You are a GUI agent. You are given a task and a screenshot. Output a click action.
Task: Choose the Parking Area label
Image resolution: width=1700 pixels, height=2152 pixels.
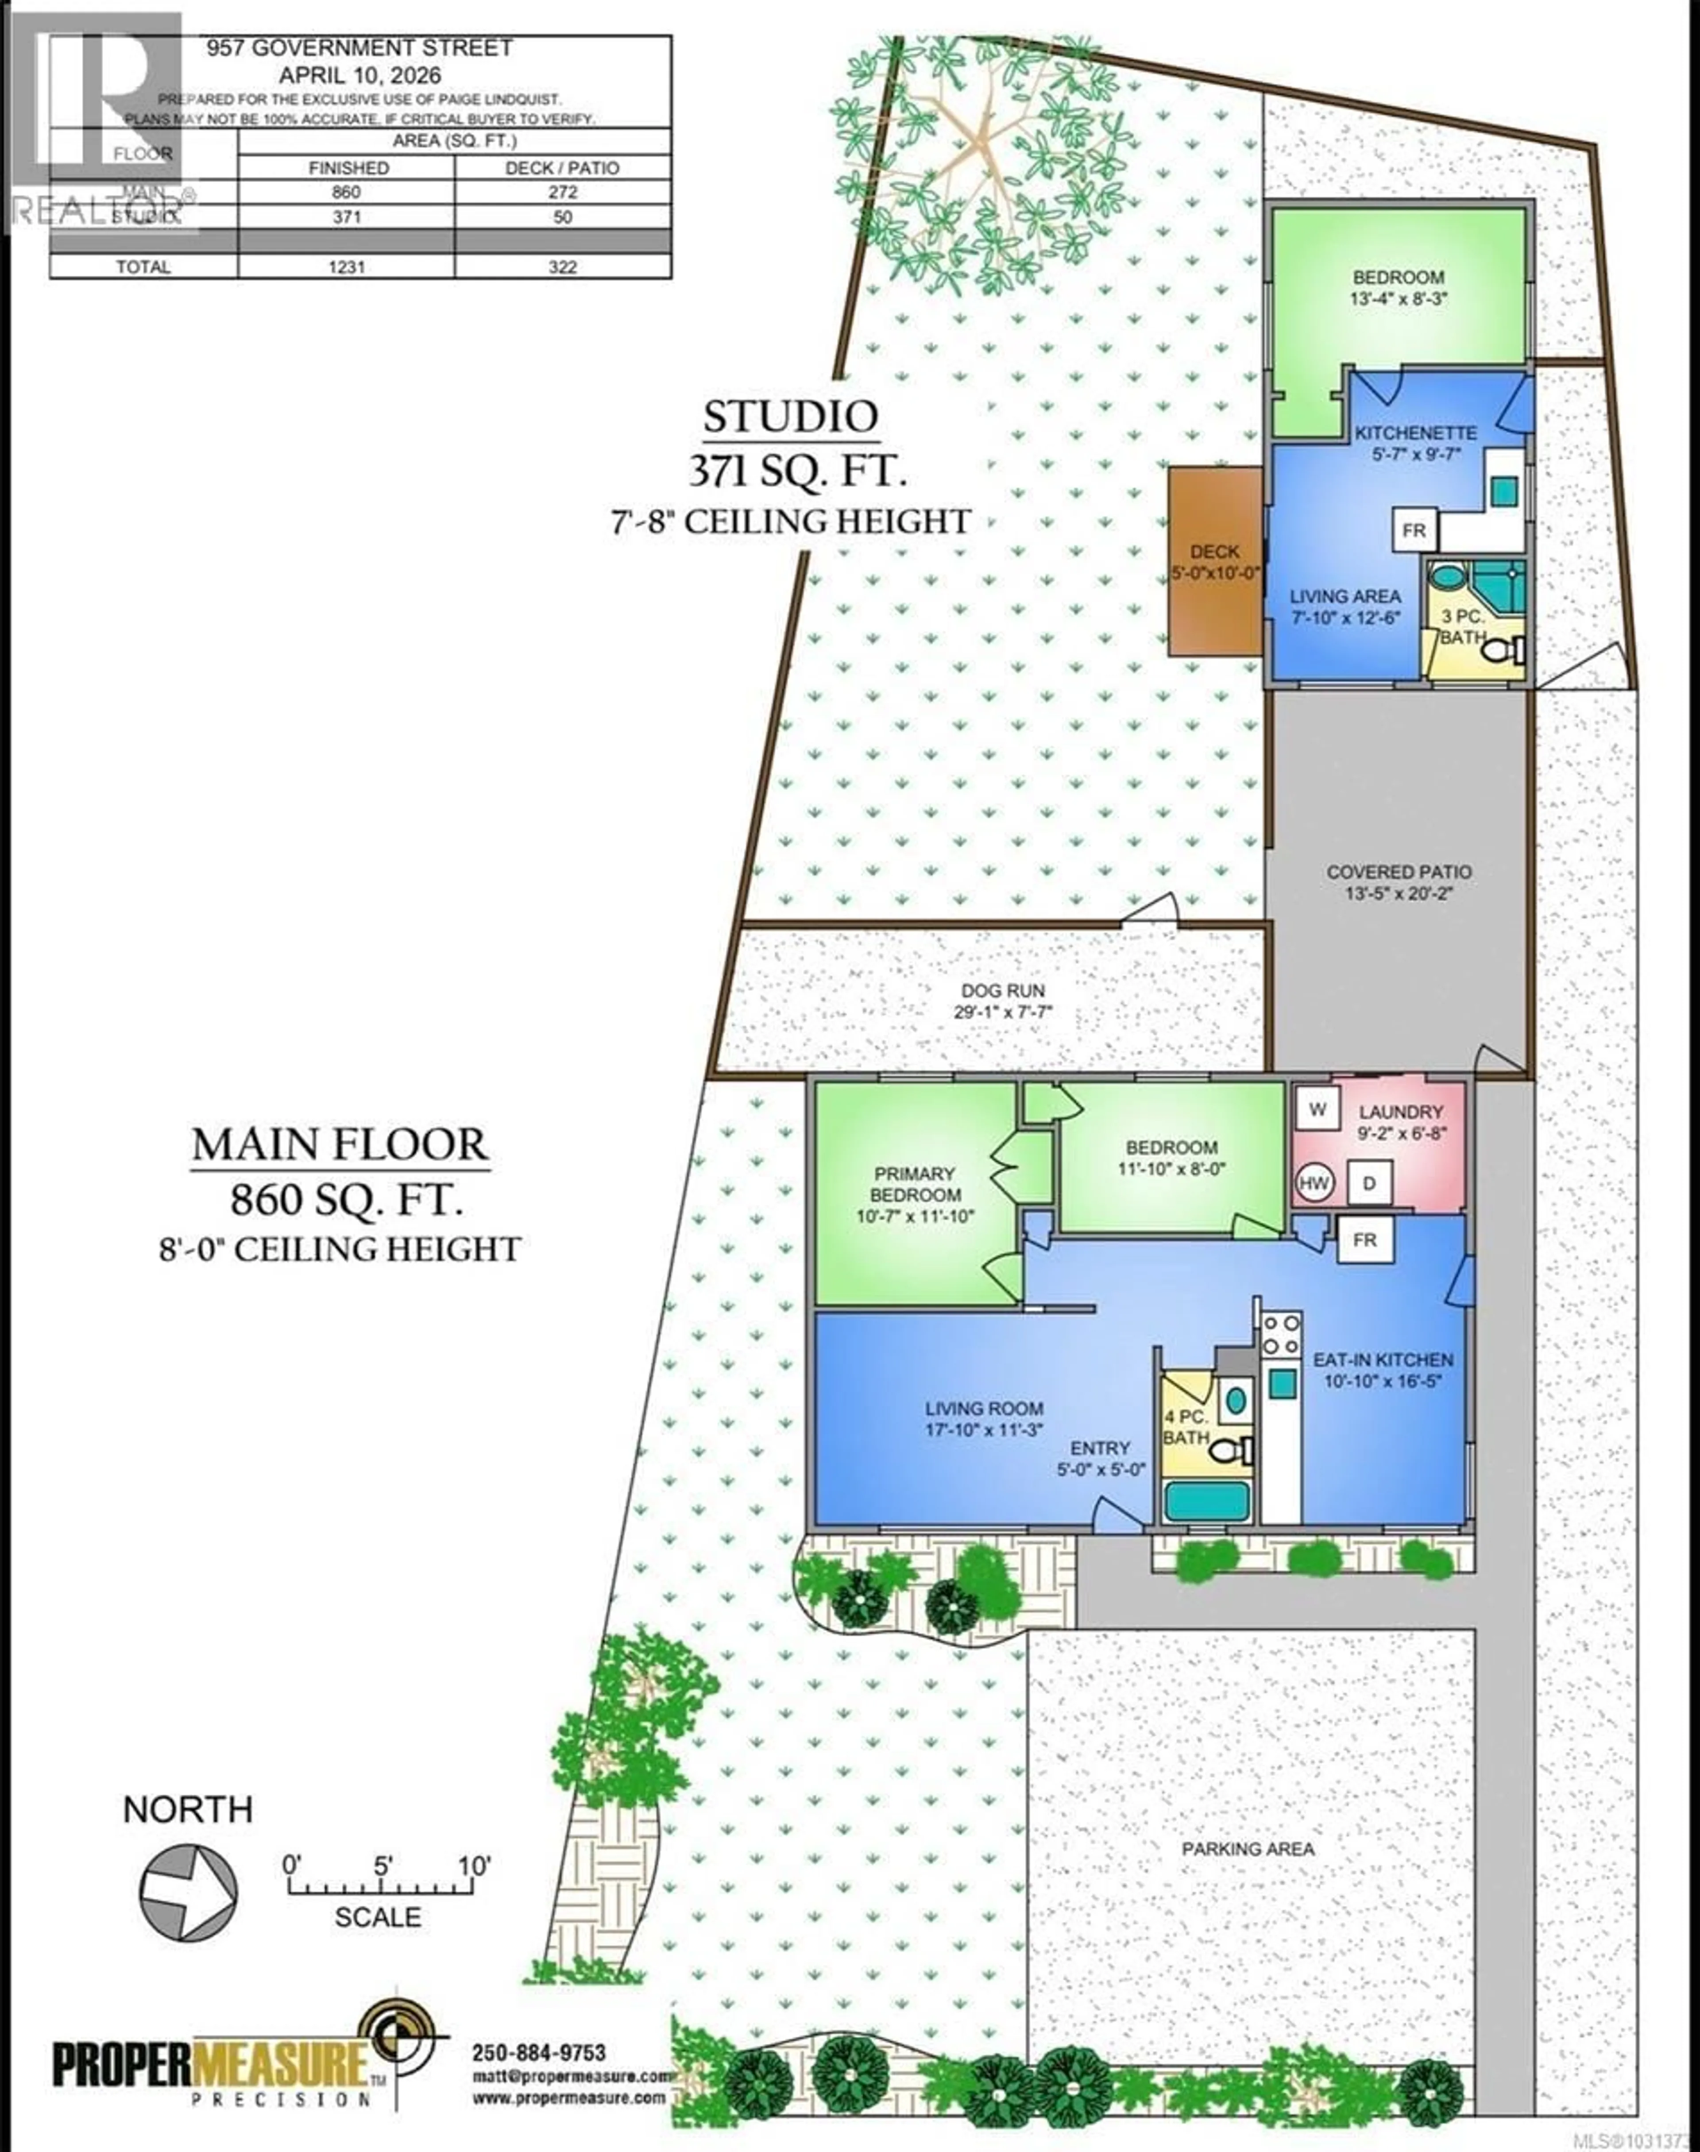pos(1248,1848)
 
